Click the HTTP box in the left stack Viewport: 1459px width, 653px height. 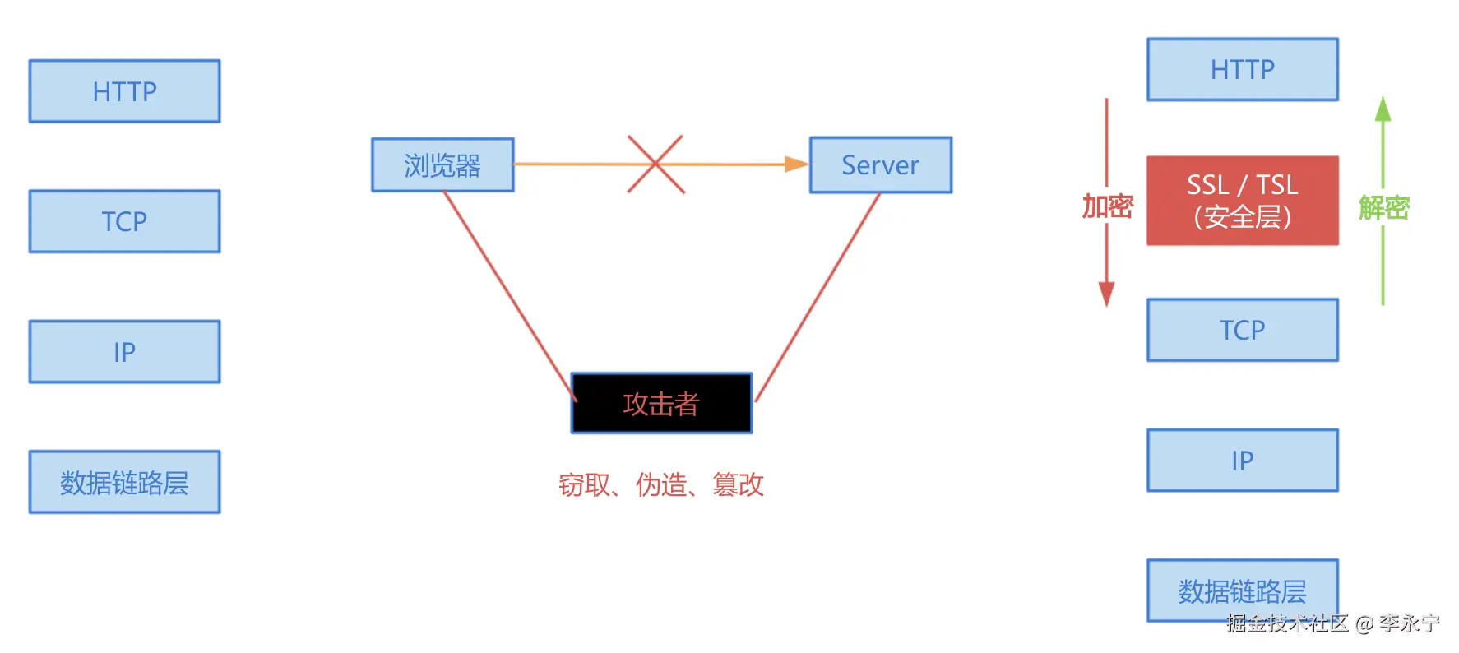click(124, 91)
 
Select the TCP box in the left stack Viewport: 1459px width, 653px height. click(124, 221)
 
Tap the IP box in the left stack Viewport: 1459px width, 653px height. click(124, 352)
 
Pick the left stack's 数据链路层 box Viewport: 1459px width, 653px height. click(124, 482)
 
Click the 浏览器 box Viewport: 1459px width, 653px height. click(442, 165)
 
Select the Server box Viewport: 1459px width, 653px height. click(880, 165)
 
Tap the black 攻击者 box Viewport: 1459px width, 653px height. click(661, 404)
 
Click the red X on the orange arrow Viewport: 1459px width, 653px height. click(655, 164)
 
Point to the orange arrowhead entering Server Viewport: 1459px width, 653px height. click(796, 164)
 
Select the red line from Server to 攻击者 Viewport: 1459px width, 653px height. click(818, 296)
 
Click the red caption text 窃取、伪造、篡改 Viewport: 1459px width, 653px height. click(661, 484)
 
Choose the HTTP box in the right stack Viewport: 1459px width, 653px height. click(1242, 70)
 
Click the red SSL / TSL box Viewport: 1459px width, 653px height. click(1242, 201)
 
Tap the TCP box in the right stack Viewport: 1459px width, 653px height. click(1242, 330)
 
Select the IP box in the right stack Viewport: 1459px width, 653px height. click(1242, 461)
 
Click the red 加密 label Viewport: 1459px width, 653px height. click(1107, 206)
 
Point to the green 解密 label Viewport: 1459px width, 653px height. click(1383, 207)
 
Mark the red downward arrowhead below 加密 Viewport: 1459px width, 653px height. click(1107, 294)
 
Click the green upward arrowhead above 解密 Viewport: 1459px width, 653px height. click(1383, 109)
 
